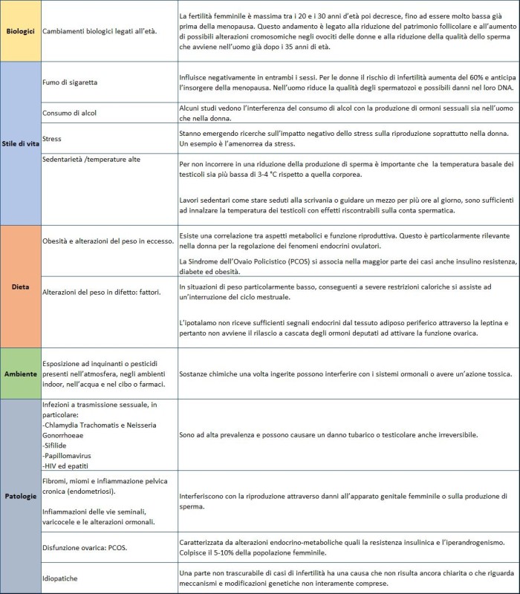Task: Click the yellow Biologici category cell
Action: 20,32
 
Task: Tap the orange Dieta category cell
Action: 20,285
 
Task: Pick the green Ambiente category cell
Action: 20,373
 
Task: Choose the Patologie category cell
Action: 20,495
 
